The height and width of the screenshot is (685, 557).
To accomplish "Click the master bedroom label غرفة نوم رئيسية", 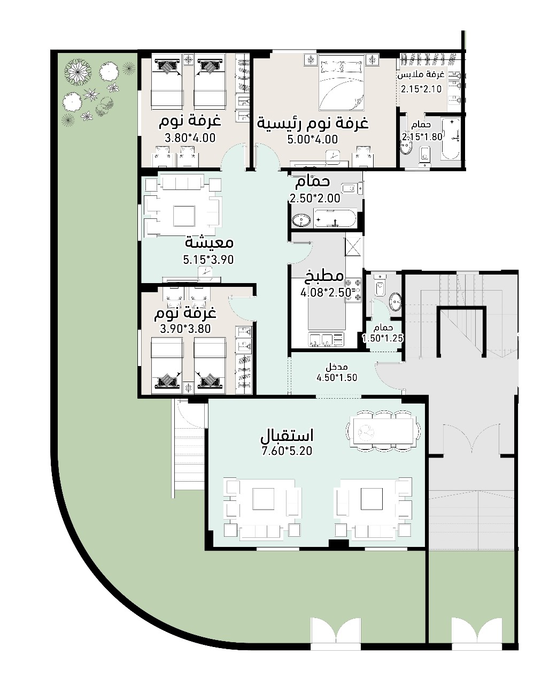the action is pos(312,124).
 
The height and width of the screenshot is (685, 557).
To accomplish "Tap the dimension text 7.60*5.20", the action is pos(287,451).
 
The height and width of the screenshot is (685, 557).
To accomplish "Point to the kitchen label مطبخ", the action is pos(323,276).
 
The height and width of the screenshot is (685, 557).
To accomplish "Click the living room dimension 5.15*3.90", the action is pos(208,260).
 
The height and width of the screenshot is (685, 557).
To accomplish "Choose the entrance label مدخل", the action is pos(337,367).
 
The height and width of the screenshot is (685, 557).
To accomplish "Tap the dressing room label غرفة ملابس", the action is pos(421,75).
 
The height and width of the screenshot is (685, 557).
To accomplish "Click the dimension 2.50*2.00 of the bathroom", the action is pos(315,199).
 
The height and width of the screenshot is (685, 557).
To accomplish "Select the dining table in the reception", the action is pos(383,431).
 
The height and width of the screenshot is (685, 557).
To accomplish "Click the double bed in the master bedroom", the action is pos(341,83).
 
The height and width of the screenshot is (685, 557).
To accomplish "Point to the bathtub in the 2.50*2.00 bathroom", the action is pos(335,219).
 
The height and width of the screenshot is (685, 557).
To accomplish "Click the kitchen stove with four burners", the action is pos(353,291).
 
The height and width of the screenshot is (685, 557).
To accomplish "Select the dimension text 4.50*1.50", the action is pos(337,378).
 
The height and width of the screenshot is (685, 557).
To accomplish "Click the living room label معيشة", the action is pos(209,243).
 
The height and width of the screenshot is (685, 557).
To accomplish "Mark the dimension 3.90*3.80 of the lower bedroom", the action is pos(185,329).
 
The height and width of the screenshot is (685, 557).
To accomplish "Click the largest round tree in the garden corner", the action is pos(78,71).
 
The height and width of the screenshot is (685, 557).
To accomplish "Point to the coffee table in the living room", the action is pos(184,216).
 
